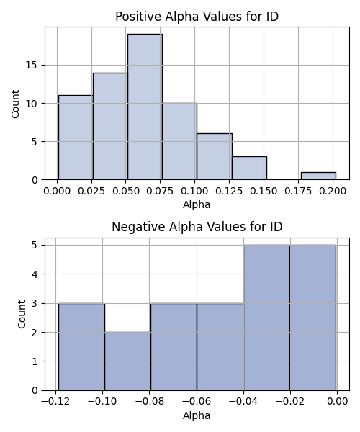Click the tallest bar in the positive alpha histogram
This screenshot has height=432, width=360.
pyautogui.click(x=145, y=107)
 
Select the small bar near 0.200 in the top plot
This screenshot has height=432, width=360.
pyautogui.click(x=318, y=176)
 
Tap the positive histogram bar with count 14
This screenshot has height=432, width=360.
pyautogui.click(x=110, y=126)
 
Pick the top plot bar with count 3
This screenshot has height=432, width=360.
pyautogui.click(x=249, y=168)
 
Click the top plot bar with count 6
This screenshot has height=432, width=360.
pyautogui.click(x=215, y=156)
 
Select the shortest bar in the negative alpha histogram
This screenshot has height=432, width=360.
pyautogui.click(x=127, y=361)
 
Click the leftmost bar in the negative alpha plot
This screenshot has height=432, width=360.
pyautogui.click(x=81, y=347)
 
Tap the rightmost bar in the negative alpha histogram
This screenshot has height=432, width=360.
pyautogui.click(x=313, y=318)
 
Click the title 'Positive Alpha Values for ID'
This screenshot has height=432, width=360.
pyautogui.click(x=197, y=17)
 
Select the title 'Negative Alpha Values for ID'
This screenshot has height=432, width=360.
pyautogui.click(x=197, y=227)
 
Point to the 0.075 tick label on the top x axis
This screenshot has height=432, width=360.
pyautogui.click(x=160, y=191)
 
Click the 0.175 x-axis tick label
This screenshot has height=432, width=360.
pyautogui.click(x=298, y=191)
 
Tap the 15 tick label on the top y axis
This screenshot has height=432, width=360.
pyautogui.click(x=32, y=66)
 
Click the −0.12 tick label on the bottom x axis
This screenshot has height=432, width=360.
pyautogui.click(x=55, y=402)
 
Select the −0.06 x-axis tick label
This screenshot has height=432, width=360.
pyautogui.click(x=197, y=402)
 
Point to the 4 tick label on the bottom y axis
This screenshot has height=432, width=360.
pyautogui.click(x=35, y=274)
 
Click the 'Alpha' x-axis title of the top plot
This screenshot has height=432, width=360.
pyautogui.click(x=197, y=204)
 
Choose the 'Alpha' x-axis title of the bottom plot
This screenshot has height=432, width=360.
pyautogui.click(x=197, y=415)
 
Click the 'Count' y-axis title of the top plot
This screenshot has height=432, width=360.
pyautogui.click(x=15, y=104)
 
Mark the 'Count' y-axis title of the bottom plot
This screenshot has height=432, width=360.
pyautogui.click(x=22, y=314)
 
